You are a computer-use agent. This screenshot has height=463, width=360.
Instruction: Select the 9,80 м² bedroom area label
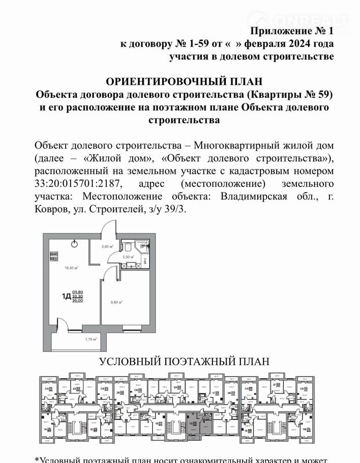(118, 301)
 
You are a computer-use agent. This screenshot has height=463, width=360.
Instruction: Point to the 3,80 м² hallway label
(107, 247)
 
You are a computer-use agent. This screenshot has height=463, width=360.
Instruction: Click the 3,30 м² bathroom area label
(129, 257)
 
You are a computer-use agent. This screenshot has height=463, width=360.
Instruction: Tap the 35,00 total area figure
(78, 300)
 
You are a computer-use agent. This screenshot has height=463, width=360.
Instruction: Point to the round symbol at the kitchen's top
(74, 244)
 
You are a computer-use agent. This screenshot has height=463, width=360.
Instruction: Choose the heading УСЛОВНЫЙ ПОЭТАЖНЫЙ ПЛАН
(184, 362)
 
